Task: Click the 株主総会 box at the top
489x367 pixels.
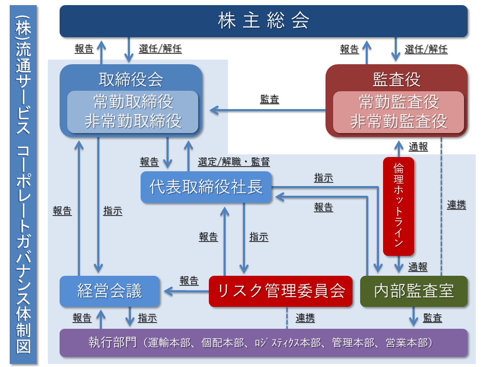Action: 263,21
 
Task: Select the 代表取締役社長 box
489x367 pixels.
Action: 206,187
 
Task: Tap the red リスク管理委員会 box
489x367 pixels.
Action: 281,291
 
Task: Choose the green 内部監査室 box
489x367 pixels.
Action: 414,291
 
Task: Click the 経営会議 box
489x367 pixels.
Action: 110,291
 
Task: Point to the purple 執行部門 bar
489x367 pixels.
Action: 263,343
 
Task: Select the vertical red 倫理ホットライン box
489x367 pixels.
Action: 398,206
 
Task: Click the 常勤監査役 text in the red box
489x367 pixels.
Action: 398,102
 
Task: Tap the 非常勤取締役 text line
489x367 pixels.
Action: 132,121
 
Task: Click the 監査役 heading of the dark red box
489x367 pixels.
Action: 396,79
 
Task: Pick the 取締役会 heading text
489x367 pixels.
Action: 131,79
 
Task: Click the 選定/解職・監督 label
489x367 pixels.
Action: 234,162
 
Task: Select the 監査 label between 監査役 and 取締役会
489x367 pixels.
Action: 269,100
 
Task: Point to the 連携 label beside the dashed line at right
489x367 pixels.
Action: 456,205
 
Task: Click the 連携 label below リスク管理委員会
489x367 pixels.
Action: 305,318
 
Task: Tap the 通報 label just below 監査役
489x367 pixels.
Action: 418,147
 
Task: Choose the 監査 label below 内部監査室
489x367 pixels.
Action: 432,318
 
